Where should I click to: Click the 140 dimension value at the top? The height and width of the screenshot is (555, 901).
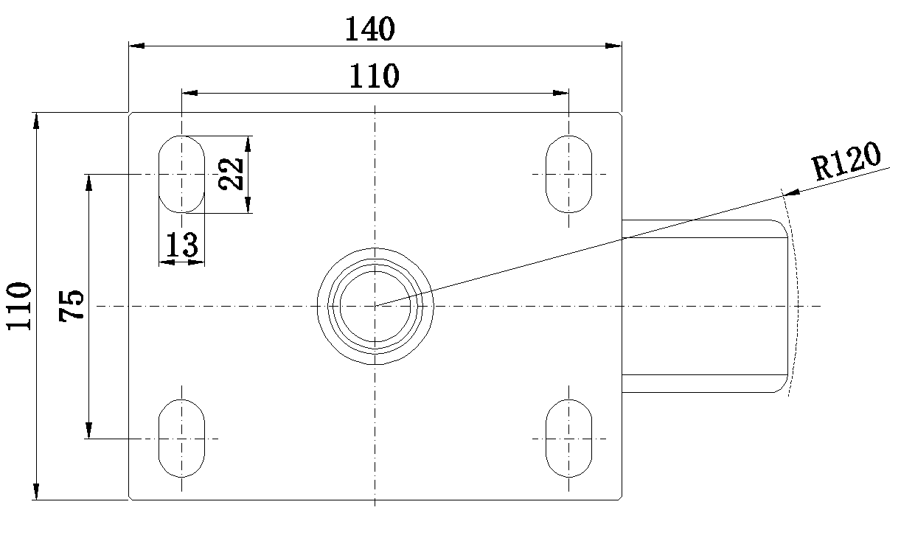pyautogui.click(x=370, y=29)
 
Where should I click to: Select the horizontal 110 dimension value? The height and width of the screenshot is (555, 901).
pyautogui.click(x=374, y=76)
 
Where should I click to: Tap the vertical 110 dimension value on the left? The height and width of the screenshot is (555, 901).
pyautogui.click(x=19, y=306)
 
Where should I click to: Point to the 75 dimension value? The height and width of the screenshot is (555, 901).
pyautogui.click(x=72, y=306)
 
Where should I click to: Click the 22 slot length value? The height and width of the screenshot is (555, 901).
pyautogui.click(x=231, y=174)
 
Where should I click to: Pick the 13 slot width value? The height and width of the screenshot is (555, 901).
pyautogui.click(x=182, y=244)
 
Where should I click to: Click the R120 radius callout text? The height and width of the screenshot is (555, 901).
pyautogui.click(x=846, y=161)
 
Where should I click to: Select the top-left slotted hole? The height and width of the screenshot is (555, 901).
pyautogui.click(x=159, y=174)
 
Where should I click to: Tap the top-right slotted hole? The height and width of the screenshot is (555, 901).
pyautogui.click(x=546, y=174)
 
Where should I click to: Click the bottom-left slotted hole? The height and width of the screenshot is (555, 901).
pyautogui.click(x=159, y=439)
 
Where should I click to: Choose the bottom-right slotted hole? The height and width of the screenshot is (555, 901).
pyautogui.click(x=546, y=439)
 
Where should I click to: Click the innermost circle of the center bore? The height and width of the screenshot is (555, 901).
pyautogui.click(x=340, y=307)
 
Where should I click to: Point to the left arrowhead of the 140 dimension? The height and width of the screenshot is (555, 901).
pyautogui.click(x=136, y=46)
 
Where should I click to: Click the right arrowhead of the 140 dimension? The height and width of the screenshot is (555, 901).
pyautogui.click(x=613, y=46)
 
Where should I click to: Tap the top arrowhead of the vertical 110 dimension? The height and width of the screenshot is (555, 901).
pyautogui.click(x=36, y=121)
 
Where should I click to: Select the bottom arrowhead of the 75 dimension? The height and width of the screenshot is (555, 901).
pyautogui.click(x=89, y=430)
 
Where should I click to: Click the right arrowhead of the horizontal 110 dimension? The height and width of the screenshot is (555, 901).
pyautogui.click(x=560, y=94)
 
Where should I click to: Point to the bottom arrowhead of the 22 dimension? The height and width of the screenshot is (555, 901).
pyautogui.click(x=248, y=205)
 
